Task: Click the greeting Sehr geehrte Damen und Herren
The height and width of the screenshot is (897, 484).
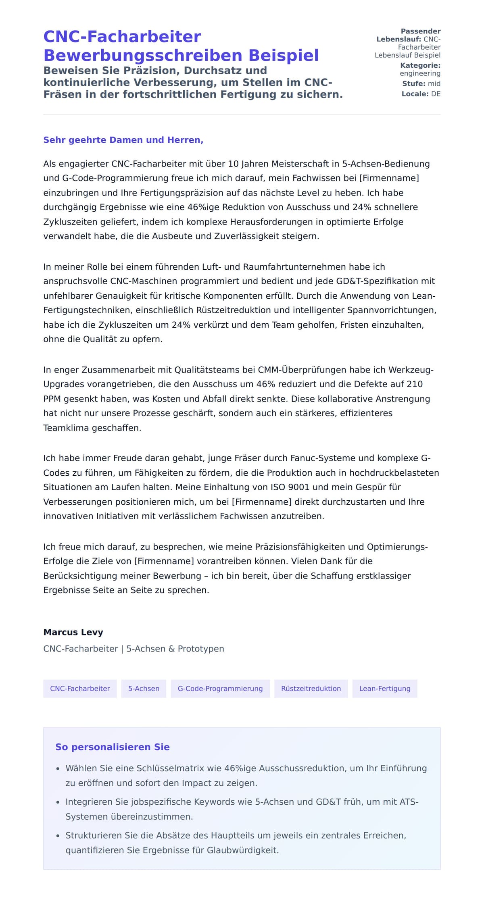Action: pos(123,140)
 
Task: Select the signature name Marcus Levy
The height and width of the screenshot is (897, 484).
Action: pos(73,632)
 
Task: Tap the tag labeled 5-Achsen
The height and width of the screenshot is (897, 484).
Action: pos(144,689)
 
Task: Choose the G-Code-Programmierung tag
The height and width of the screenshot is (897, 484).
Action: pos(220,689)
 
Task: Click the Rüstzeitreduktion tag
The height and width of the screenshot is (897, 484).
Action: pos(311,689)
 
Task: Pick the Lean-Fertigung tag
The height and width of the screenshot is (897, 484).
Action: pos(384,689)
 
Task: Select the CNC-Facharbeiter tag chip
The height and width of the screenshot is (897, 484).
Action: pos(80,689)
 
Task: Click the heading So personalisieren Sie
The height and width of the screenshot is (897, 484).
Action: pos(112,747)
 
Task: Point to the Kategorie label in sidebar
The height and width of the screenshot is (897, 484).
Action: pos(420,65)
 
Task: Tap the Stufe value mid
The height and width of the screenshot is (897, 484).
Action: pos(434,83)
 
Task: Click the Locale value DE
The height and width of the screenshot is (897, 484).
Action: pos(436,94)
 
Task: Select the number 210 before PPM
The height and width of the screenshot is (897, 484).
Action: pos(414,384)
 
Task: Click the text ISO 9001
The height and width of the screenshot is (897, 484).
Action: pos(290,487)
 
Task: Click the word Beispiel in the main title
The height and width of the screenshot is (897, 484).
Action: pos(284,55)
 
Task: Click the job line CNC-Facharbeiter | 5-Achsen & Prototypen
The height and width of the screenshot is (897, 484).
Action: pos(134,649)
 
